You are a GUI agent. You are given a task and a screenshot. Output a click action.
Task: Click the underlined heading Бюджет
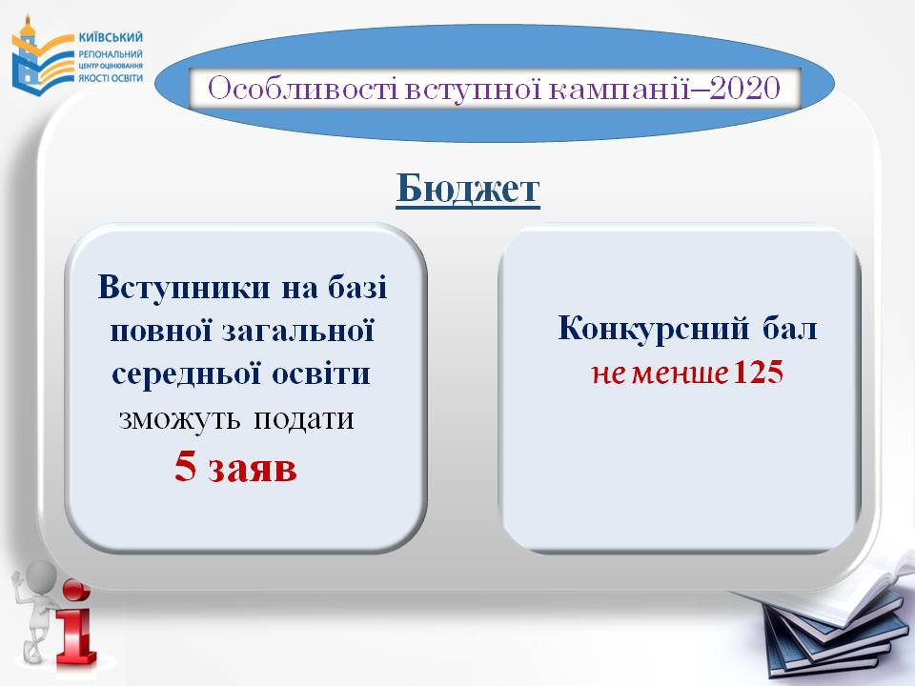point(468,189)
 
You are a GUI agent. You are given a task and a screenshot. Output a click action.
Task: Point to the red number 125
point(758,372)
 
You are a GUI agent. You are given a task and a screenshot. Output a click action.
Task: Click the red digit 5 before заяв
point(185,467)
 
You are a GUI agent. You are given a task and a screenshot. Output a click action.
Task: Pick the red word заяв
point(253,469)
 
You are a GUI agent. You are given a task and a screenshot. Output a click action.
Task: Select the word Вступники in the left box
point(184,287)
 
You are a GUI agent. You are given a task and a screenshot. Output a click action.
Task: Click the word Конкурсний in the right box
point(653,329)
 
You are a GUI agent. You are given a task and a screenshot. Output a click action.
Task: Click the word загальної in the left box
point(298,331)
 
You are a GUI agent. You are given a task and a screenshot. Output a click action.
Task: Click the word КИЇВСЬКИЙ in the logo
point(111,37)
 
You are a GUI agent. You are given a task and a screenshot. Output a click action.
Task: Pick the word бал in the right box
point(789,329)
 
